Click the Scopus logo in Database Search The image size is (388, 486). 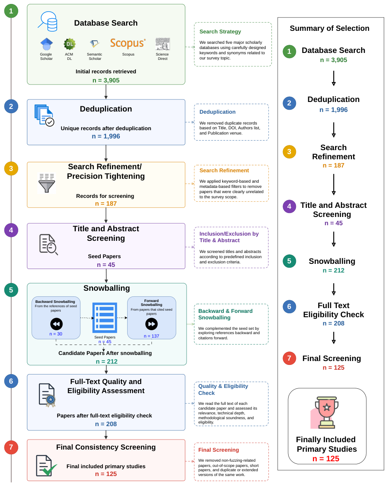click(128, 43)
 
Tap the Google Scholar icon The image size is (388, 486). click(46, 44)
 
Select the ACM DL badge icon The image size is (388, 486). click(69, 44)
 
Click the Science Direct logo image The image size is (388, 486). click(163, 44)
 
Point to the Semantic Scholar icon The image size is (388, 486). click(95, 44)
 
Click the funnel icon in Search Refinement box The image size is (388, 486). click(47, 183)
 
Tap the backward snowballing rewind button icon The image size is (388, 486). click(56, 324)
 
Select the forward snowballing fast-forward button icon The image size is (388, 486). click(151, 324)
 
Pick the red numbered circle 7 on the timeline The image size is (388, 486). click(11, 447)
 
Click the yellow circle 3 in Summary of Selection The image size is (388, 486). click(289, 151)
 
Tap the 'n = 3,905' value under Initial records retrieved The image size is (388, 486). click(106, 80)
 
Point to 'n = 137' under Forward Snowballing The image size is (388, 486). click(151, 336)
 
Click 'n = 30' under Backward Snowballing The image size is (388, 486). click(56, 334)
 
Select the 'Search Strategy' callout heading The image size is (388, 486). click(220, 32)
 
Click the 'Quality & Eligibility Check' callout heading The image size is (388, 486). click(223, 390)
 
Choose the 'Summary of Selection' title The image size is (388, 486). click(329, 28)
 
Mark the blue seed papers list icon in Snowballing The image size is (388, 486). click(105, 318)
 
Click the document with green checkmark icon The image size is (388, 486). click(46, 466)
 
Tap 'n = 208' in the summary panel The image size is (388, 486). click(333, 323)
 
